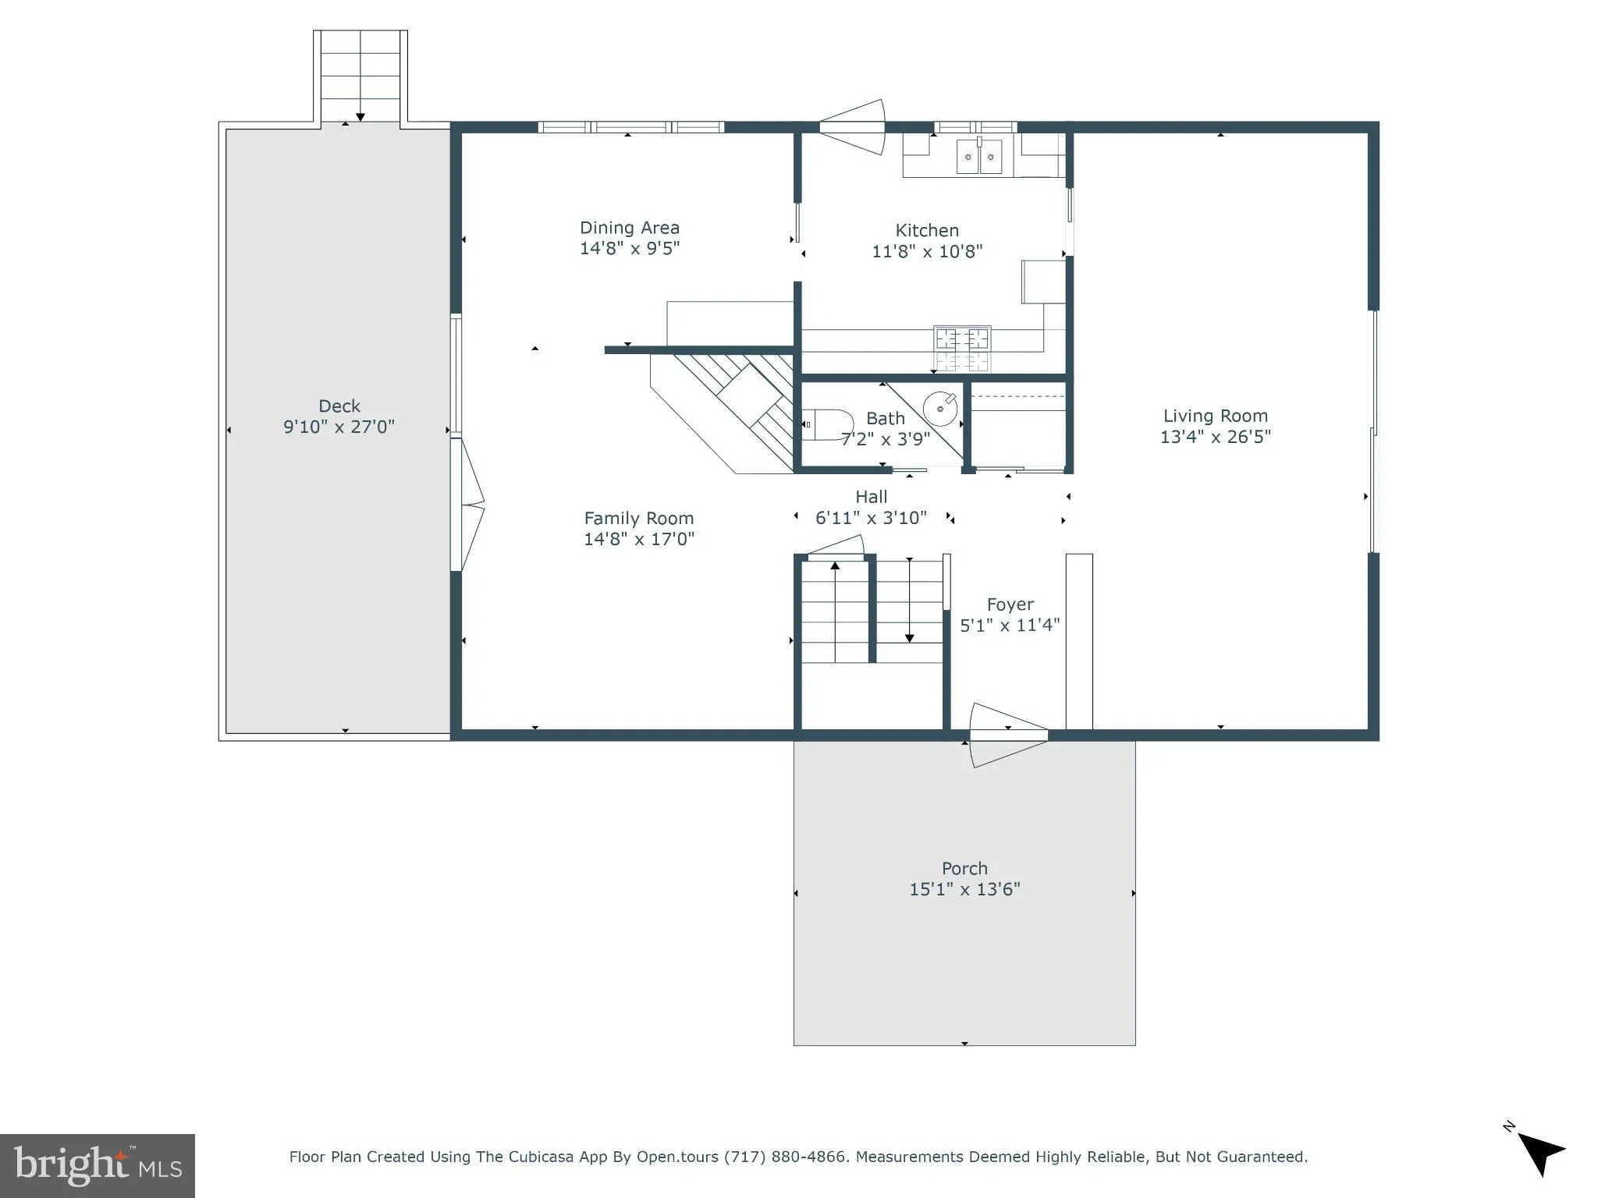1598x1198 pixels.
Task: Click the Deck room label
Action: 339,406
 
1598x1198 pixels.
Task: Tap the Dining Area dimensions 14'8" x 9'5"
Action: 629,249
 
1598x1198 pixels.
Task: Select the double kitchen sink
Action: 979,157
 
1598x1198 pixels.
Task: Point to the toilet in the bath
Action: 826,424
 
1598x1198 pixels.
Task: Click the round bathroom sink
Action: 940,408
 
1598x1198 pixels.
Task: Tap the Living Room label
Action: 1215,416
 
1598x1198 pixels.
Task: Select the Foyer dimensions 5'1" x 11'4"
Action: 1010,626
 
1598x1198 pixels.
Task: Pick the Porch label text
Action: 964,868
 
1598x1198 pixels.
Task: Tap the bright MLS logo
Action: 98,1165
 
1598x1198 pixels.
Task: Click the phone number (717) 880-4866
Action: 785,1157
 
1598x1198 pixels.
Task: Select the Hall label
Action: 871,497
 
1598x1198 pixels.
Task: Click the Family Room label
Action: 638,518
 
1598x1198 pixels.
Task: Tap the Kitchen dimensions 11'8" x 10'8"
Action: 926,251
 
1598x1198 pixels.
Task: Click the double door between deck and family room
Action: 468,505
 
